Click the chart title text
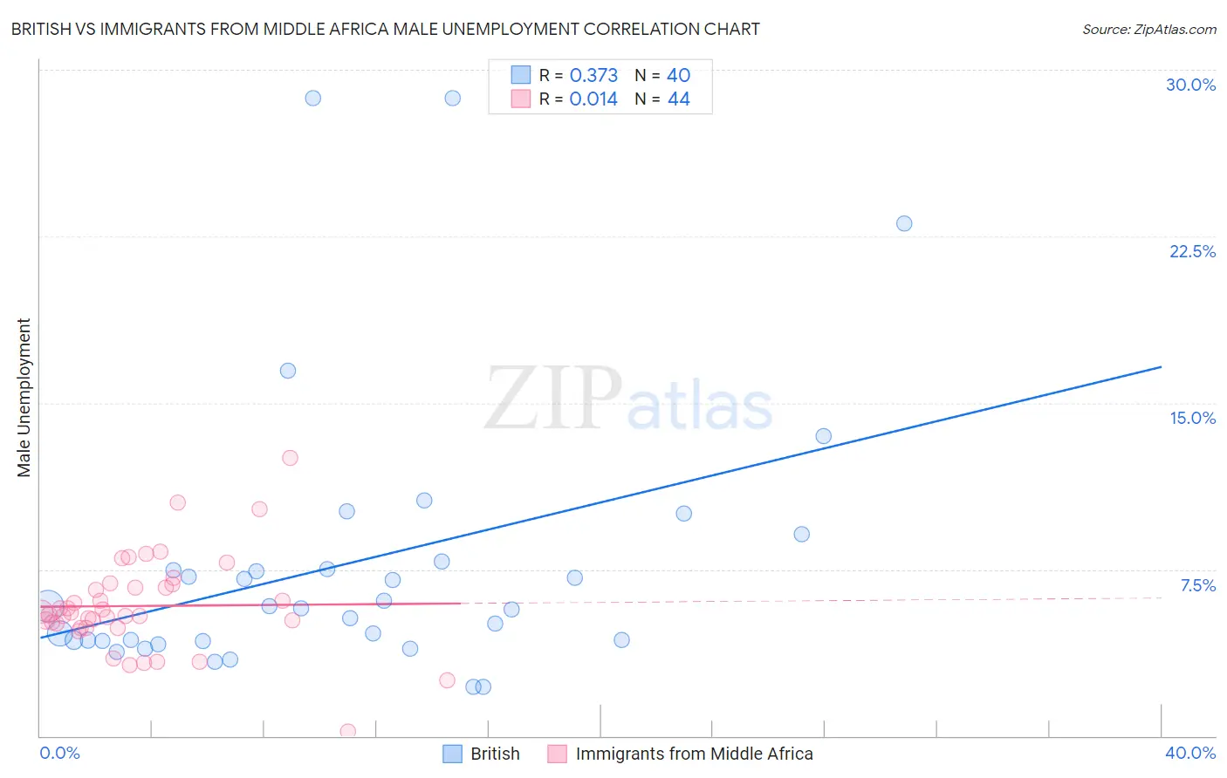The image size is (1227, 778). coord(385,29)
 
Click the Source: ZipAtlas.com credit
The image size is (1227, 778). coord(1148,29)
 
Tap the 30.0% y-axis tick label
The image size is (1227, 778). coord(1190,85)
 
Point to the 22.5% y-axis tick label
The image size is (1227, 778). coord(1192,251)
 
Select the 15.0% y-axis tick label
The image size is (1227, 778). coord(1192,418)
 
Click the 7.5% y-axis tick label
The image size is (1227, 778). coord(1197,585)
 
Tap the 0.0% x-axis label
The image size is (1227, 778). coord(59,753)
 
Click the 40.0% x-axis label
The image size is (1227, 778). coord(1189,753)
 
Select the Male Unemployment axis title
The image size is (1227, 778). coord(24,397)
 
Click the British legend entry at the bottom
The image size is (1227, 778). coord(494,754)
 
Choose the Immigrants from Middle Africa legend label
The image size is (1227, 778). coord(694,754)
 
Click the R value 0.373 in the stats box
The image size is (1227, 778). coord(593,76)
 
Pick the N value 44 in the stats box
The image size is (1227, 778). coord(678,99)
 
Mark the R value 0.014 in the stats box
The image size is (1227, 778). coord(593,99)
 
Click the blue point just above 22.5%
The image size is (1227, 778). coord(904,223)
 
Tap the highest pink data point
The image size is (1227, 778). coord(290,458)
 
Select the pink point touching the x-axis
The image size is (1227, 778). coord(347,731)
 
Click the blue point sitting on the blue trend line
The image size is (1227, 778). coord(823,436)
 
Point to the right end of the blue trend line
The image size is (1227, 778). coord(1161,367)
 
